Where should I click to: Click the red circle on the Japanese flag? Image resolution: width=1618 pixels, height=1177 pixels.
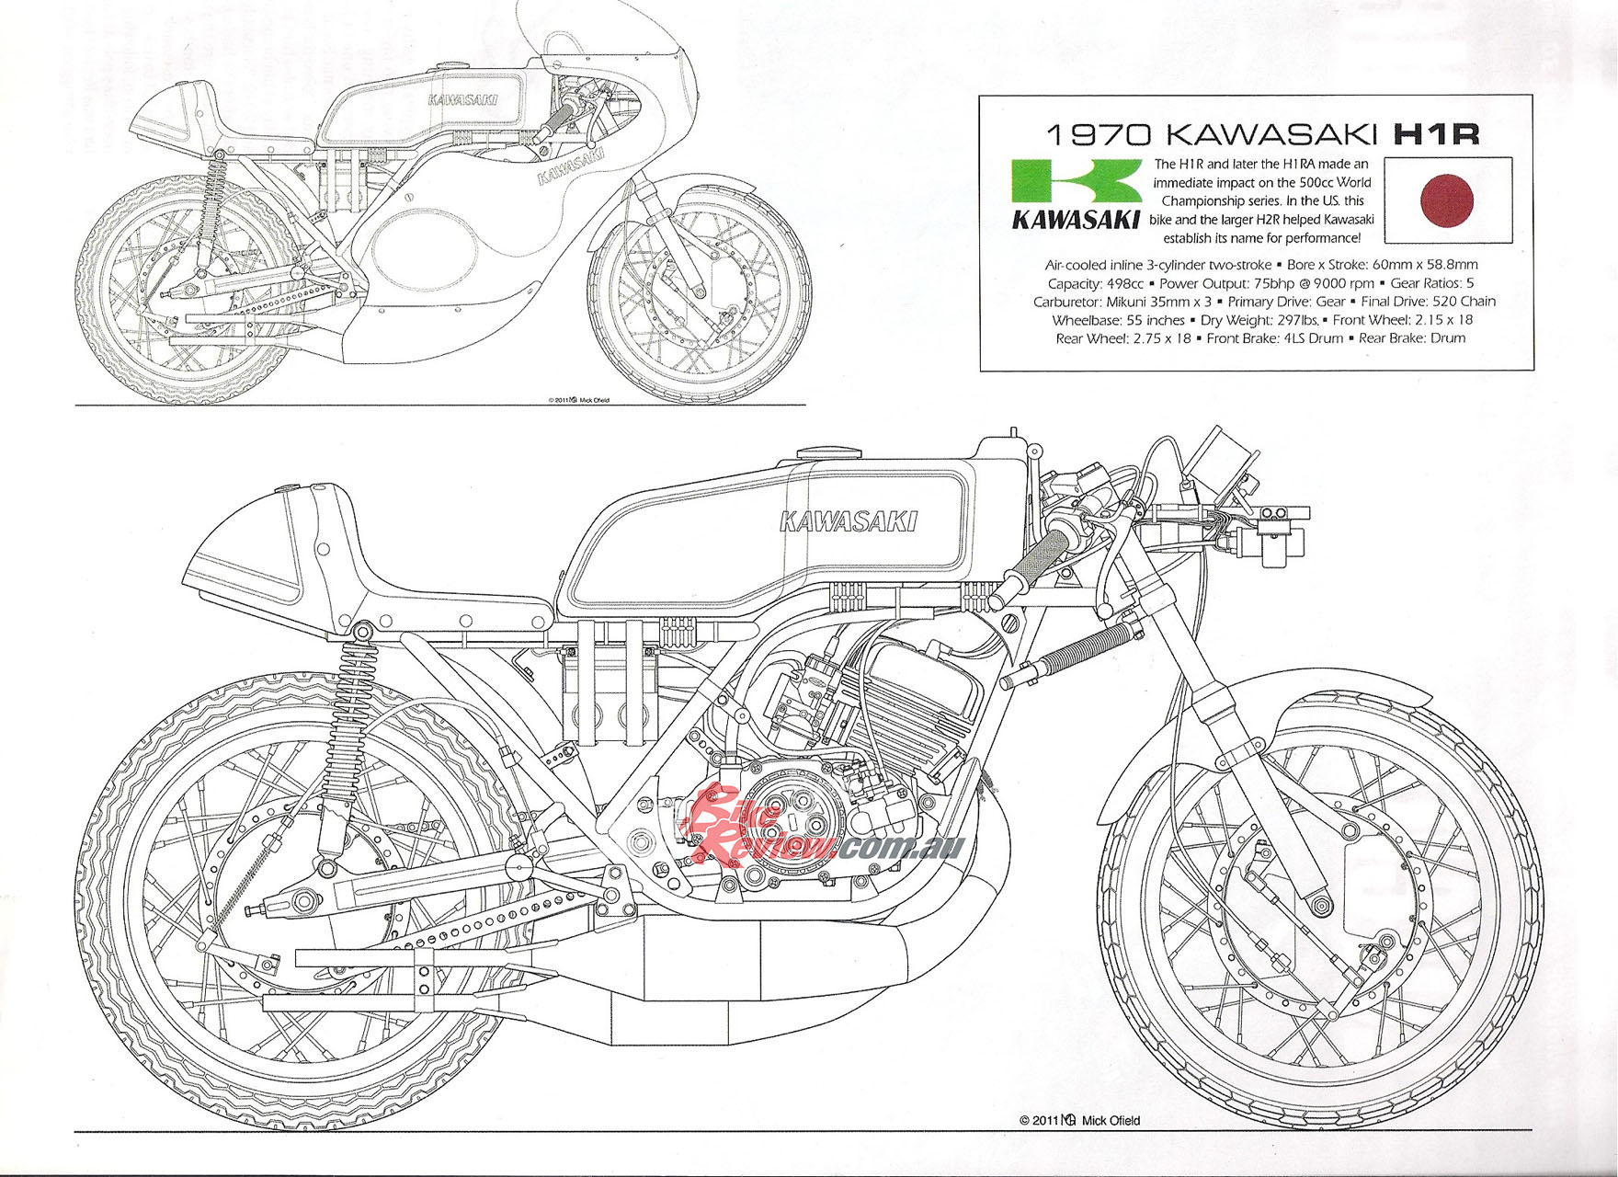(x=1447, y=200)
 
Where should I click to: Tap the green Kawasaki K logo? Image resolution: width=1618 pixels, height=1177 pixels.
(x=1076, y=183)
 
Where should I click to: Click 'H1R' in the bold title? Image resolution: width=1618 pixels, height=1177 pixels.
(x=1437, y=134)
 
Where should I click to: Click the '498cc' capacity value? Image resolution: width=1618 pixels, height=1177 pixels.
(x=1123, y=283)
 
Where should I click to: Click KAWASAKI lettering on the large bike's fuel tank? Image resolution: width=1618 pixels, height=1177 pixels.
(x=848, y=521)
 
